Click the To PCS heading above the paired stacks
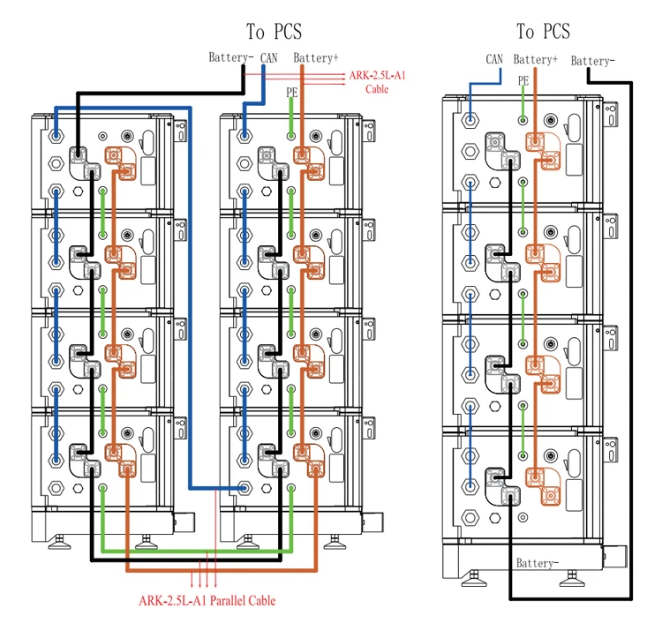(274, 33)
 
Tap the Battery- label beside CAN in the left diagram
(230, 58)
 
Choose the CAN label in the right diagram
(494, 60)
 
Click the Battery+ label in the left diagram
(316, 58)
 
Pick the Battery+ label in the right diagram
(535, 60)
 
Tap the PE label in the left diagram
(291, 91)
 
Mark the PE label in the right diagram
(523, 80)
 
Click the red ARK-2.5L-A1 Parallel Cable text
(207, 601)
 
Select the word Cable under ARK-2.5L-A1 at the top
(377, 89)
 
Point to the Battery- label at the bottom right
(537, 563)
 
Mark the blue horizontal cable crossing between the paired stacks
(215, 487)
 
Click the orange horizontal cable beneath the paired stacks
(221, 567)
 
